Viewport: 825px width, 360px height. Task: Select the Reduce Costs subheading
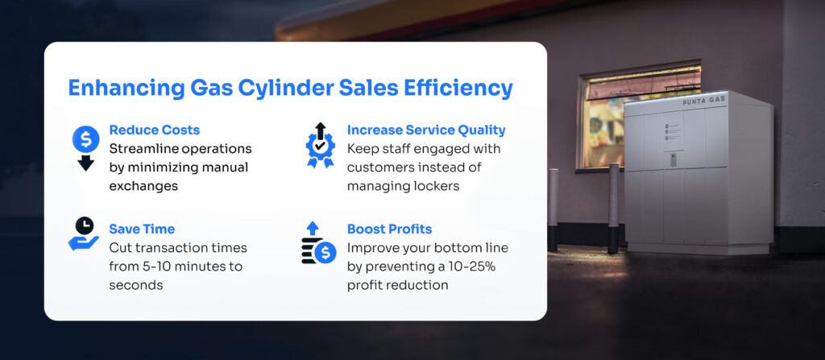coord(154,130)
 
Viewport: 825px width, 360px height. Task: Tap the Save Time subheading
coord(142,229)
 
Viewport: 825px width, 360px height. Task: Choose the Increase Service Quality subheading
coord(426,130)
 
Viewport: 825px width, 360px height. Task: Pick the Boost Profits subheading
coord(389,229)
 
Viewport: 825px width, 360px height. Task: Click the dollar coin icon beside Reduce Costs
coord(85,139)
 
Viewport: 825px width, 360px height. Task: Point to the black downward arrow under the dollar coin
coord(85,163)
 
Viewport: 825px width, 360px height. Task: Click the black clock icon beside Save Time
coord(84,226)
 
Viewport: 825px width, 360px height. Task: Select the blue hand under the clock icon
coord(83,243)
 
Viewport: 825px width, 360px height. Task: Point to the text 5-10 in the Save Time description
coord(156,267)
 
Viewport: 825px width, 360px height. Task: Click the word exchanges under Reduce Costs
coord(143,186)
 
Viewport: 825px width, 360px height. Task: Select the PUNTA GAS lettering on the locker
coord(704,101)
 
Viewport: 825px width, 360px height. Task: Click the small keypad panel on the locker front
coord(673,160)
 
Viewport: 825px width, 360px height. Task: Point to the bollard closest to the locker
coord(613,209)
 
